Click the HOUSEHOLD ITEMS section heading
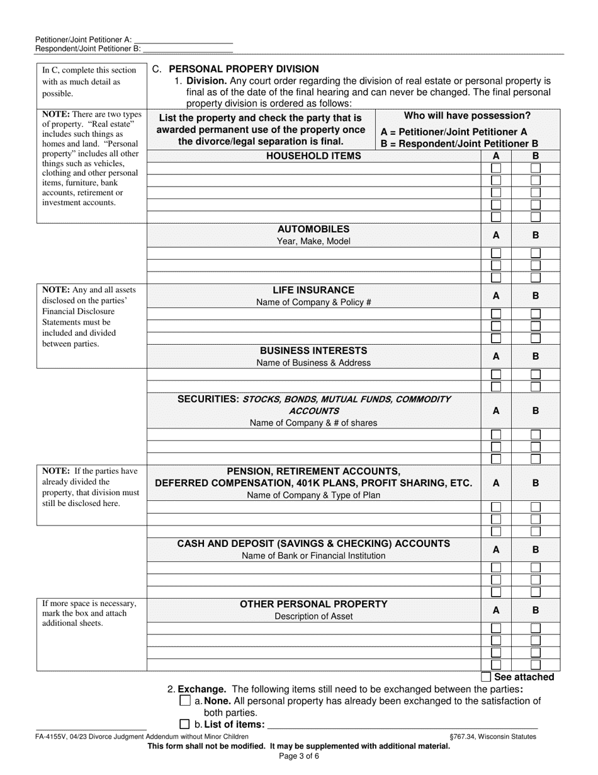click(313, 156)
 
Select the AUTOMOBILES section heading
click(313, 229)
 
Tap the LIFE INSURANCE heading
click(313, 290)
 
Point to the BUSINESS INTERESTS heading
click(313, 350)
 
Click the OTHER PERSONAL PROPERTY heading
click(313, 604)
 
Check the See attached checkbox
click(486, 677)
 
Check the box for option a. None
click(185, 701)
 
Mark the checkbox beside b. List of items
click(185, 725)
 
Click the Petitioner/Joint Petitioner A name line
click(183, 39)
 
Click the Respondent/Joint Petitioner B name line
click(188, 48)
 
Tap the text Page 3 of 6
click(299, 755)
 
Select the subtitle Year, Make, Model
click(313, 241)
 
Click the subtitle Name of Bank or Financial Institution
click(313, 556)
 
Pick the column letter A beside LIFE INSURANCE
click(496, 296)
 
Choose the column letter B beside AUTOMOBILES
click(536, 235)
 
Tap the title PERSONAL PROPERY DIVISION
click(244, 69)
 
